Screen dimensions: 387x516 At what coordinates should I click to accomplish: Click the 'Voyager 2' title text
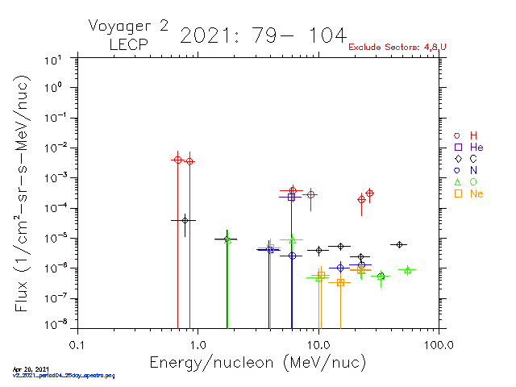click(x=128, y=26)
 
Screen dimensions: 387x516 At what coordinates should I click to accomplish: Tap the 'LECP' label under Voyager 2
click(x=128, y=45)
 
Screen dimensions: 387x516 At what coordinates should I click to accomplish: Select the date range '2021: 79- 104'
click(x=263, y=36)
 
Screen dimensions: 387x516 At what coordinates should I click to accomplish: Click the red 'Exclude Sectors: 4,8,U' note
click(x=397, y=48)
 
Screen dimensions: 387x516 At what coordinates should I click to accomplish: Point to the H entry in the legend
click(x=467, y=135)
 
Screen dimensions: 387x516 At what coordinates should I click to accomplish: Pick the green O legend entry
click(x=467, y=182)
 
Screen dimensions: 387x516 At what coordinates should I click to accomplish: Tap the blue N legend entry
click(x=467, y=171)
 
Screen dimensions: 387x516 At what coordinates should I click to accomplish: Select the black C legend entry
click(x=467, y=159)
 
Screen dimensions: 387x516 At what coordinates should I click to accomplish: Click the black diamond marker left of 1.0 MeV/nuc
click(x=185, y=220)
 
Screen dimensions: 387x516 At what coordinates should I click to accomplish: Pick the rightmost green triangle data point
click(x=408, y=270)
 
